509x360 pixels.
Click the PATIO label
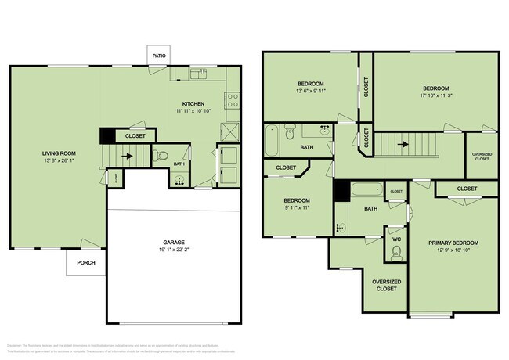(x=160, y=55)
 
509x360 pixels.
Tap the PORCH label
(x=85, y=262)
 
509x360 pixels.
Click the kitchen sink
(x=201, y=74)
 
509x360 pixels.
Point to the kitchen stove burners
(x=232, y=99)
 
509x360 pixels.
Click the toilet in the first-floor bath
(x=162, y=155)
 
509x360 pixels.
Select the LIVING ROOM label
(x=60, y=154)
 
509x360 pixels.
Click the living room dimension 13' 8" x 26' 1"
(x=60, y=162)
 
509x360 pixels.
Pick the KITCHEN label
(x=193, y=103)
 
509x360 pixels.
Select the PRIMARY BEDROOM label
(x=453, y=243)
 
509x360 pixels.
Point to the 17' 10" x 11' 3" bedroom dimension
(x=436, y=95)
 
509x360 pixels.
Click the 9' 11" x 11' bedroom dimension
(x=297, y=208)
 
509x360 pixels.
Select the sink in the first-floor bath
(x=179, y=179)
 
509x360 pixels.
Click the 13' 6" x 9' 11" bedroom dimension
(x=310, y=91)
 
